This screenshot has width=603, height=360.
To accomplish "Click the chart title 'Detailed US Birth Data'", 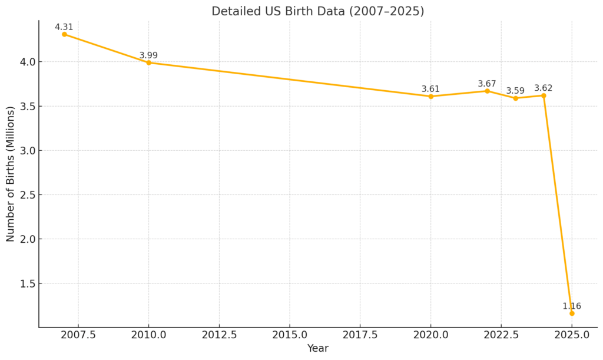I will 317,11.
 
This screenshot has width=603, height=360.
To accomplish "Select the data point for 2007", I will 64,34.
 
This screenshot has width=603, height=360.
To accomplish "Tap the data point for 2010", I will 148,62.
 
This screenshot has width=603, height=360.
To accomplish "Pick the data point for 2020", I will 430,96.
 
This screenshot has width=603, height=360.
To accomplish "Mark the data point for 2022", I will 487,91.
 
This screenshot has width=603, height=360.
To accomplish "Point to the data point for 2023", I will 515,98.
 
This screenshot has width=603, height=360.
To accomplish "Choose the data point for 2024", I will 544,95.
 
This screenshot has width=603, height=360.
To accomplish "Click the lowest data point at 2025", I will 572,313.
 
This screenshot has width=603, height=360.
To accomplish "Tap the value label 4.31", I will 64,27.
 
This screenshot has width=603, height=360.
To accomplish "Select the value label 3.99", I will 148,55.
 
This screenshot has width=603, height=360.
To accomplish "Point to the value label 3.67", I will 487,84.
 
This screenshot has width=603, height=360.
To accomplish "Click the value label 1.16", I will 572,306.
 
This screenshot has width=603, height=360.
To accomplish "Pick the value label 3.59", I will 515,91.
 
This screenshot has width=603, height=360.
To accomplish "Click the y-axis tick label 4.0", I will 26,62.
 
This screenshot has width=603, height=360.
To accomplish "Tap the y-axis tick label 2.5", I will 26,195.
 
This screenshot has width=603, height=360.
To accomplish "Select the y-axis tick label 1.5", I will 26,283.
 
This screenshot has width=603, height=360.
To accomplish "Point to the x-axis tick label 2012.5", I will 219,335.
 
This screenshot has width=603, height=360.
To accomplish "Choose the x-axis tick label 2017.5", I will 360,335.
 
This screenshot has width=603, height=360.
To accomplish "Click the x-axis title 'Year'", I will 317,349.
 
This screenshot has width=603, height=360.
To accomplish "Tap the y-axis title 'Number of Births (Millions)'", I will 11,174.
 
